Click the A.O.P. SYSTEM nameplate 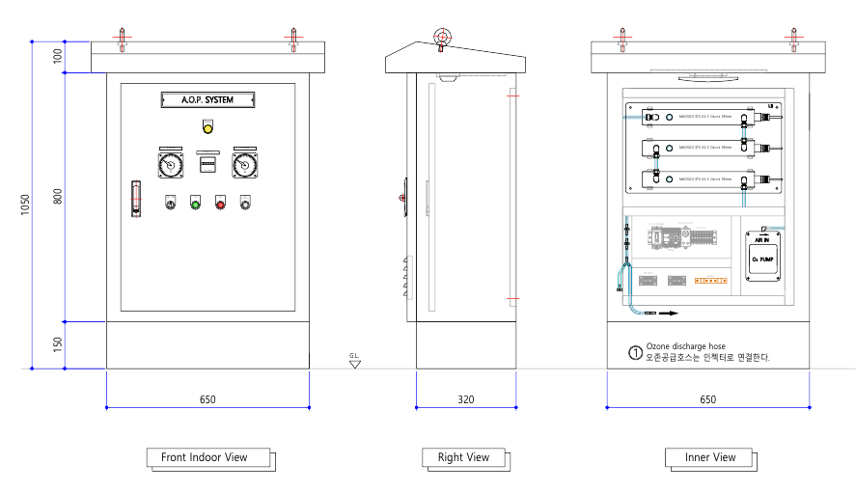[x=207, y=98]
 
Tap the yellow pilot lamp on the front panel [x=207, y=127]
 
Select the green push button [x=196, y=203]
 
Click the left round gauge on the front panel [x=171, y=165]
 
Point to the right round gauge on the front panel [x=244, y=165]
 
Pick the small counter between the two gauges [x=207, y=165]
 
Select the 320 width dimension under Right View [x=466, y=398]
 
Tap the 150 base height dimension [x=58, y=344]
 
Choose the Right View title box [x=463, y=457]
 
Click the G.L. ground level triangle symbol [x=355, y=364]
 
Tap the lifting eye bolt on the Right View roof [x=442, y=38]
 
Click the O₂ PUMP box [x=763, y=257]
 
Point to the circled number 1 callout [x=635, y=352]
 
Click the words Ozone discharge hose [x=686, y=346]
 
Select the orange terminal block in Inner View [x=711, y=281]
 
